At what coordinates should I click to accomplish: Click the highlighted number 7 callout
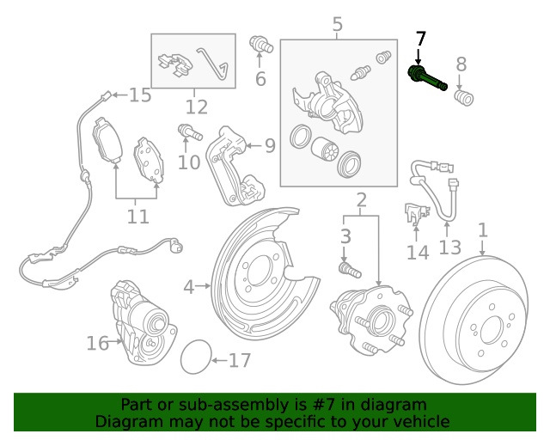[420, 40]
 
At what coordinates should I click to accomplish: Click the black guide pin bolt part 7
[427, 79]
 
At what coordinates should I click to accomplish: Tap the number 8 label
[461, 63]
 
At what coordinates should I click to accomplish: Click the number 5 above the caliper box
[338, 25]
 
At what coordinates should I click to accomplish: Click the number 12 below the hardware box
[196, 107]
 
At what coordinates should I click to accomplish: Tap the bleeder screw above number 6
[260, 45]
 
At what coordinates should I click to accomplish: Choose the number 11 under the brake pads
[137, 216]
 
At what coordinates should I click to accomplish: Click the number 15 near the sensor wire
[139, 95]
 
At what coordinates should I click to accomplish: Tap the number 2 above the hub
[362, 202]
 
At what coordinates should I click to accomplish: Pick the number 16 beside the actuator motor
[97, 344]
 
